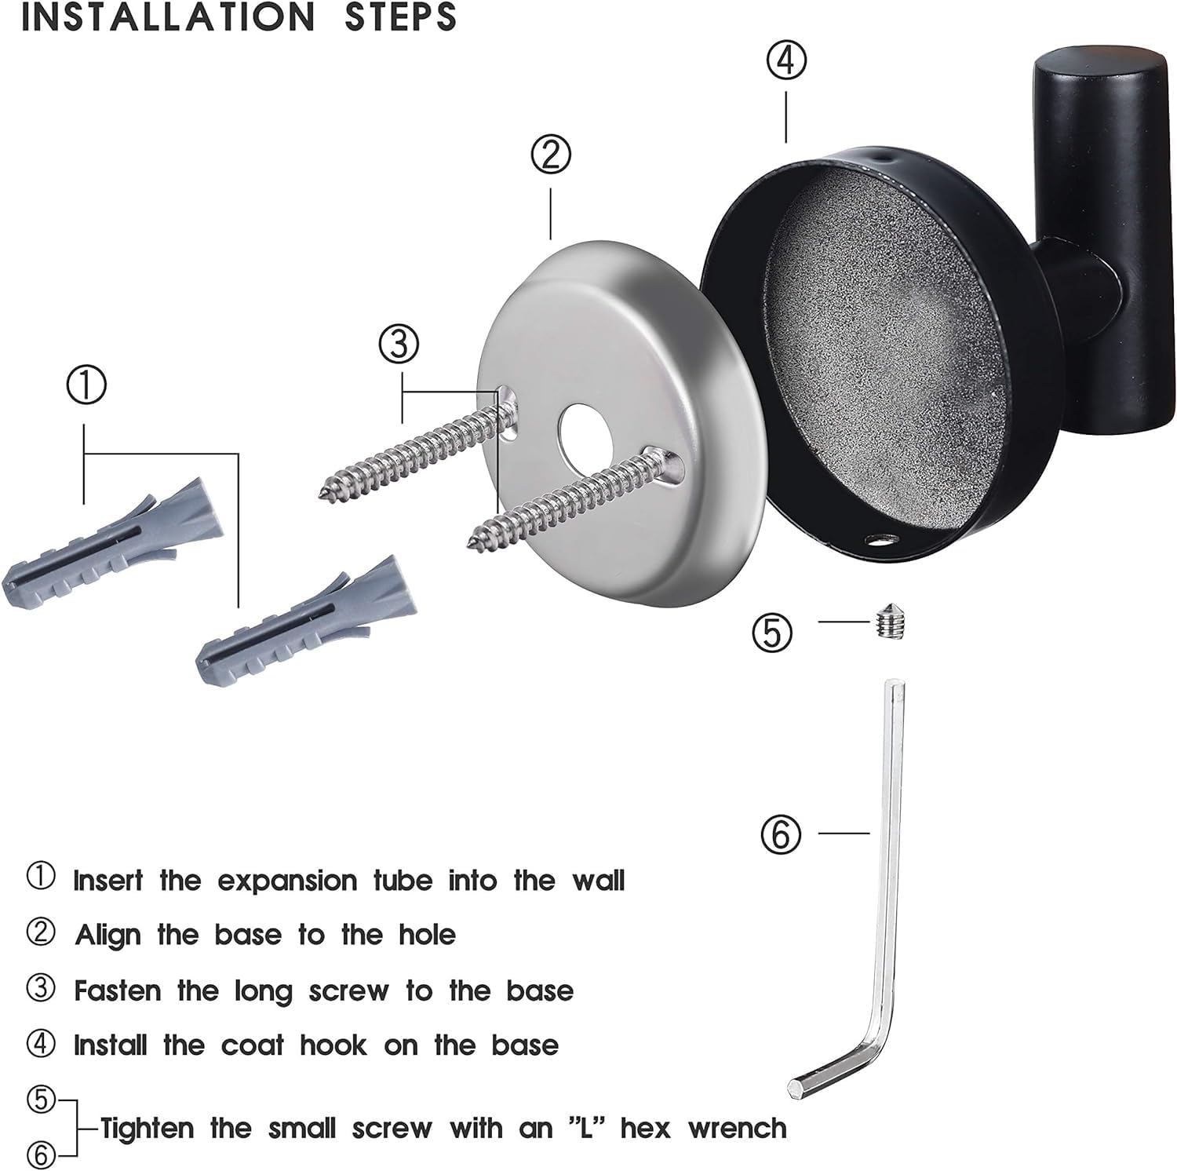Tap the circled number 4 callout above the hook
(x=785, y=60)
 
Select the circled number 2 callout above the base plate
(x=551, y=155)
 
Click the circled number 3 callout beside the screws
(x=399, y=344)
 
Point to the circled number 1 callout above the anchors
(x=86, y=386)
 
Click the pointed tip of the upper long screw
(x=324, y=494)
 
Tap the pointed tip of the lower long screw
(x=472, y=541)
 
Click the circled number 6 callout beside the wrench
(x=781, y=834)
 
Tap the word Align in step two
(x=107, y=936)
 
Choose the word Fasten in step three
(x=118, y=990)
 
